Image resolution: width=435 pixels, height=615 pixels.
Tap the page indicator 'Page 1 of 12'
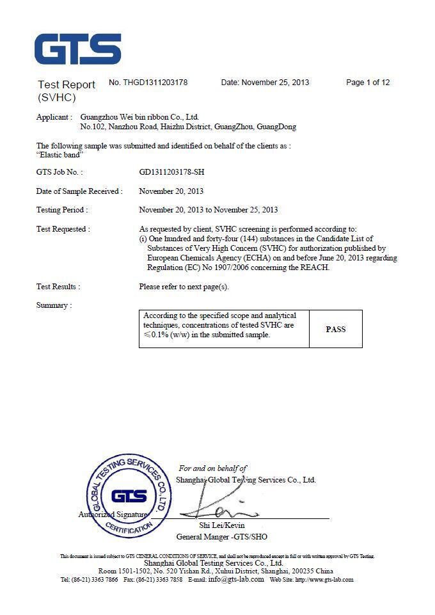368,83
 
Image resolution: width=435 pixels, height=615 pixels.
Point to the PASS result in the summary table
335,329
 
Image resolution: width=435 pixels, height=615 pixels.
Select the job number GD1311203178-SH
172,172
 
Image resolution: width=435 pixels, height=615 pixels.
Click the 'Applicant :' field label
54,117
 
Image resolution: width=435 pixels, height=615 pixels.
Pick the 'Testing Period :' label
62,210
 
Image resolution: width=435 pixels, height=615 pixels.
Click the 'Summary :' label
54,305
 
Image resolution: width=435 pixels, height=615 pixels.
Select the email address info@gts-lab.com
236,580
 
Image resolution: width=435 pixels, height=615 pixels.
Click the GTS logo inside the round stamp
129,496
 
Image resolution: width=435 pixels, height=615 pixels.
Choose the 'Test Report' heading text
67,84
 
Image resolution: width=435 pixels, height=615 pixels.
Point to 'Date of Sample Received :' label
79,191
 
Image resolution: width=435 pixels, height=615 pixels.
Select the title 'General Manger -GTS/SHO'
222,536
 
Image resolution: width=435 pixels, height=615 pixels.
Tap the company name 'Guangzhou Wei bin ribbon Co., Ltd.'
139,117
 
